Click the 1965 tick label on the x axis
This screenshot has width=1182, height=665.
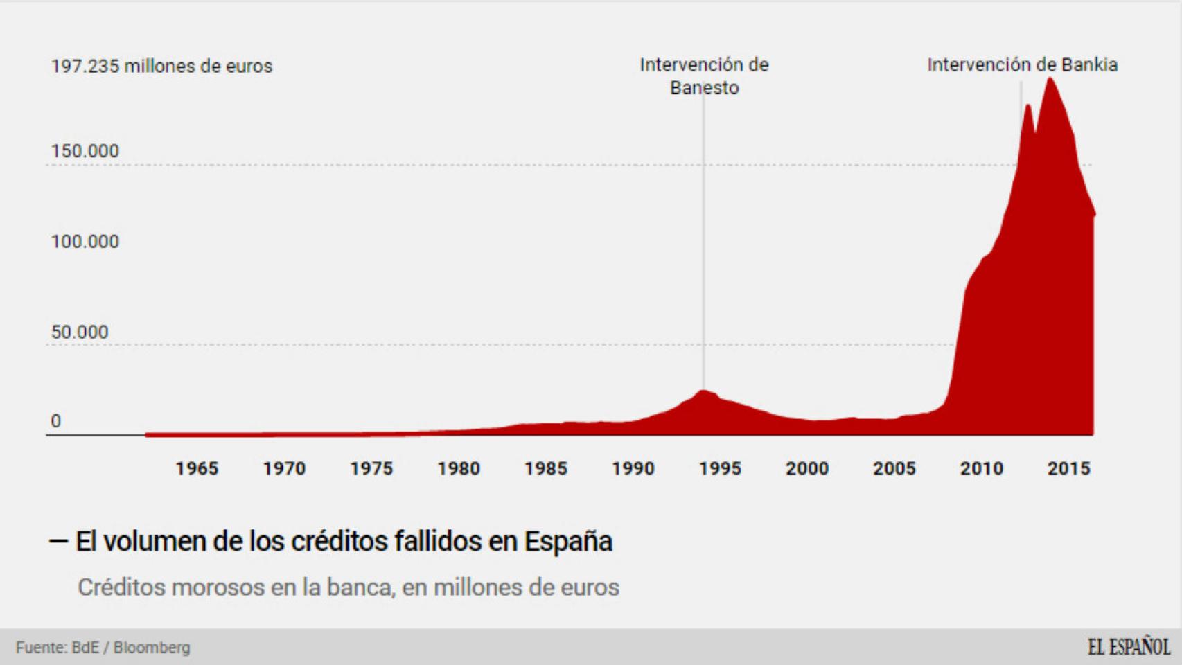click(197, 469)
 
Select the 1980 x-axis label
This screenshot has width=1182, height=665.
click(458, 469)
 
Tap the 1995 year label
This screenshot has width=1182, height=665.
click(720, 469)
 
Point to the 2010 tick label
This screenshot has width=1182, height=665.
click(981, 469)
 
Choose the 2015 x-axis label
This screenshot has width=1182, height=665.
click(1068, 469)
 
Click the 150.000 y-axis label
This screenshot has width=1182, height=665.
click(85, 151)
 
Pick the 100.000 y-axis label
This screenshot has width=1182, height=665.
click(85, 242)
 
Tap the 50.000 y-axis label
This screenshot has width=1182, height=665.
click(80, 332)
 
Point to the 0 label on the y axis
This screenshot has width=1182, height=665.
click(56, 421)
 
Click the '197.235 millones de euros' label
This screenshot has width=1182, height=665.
click(161, 66)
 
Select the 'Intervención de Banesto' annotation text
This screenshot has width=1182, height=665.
click(704, 76)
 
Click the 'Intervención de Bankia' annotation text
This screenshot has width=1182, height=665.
click(1022, 65)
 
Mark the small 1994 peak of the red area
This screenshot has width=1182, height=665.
click(704, 391)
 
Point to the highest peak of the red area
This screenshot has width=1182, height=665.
click(1050, 79)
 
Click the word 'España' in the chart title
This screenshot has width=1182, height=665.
click(568, 542)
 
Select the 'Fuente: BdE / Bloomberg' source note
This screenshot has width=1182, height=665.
click(103, 648)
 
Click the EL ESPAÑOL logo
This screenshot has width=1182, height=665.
click(1128, 647)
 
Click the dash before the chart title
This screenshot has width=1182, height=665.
click(58, 541)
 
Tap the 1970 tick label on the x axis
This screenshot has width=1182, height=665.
click(284, 469)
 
